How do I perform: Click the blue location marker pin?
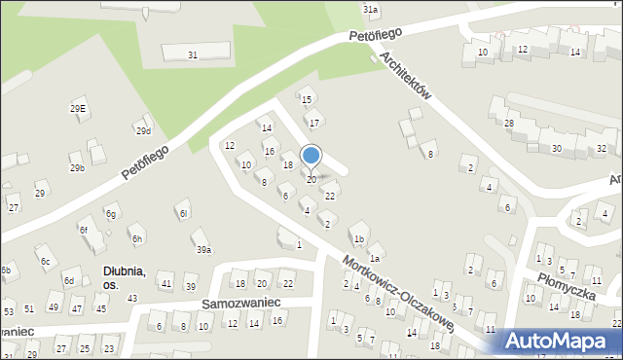coord(311,156)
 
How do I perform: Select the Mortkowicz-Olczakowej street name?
coord(399,291)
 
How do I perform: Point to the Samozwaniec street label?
coord(240,303)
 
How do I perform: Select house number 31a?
coord(371,9)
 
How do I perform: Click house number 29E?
coord(78,108)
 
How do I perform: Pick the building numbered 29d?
coord(144,131)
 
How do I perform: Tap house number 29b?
coord(77,168)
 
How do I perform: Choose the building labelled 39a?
coord(203,250)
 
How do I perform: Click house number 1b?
coord(359,238)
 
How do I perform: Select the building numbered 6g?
coord(112,214)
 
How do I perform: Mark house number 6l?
coord(183,213)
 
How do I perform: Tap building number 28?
coord(508,123)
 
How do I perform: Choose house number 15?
coord(306,100)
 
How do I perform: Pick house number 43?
coord(132,298)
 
